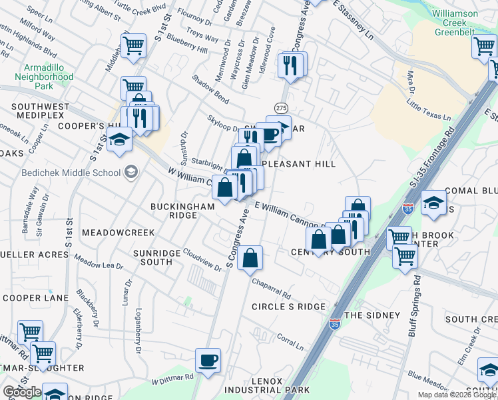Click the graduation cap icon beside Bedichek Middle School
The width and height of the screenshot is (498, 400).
pos(130,173)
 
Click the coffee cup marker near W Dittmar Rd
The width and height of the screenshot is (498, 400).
pos(208,360)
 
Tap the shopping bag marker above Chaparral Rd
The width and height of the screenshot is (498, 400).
pos(250,259)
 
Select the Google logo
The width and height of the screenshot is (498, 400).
pos(22,392)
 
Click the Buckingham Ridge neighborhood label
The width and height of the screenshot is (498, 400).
pos(182,211)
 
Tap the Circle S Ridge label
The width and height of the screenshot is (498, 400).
pos(288,307)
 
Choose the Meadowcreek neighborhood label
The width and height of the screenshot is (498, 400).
pos(118,233)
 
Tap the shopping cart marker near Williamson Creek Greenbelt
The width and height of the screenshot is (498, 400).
pos(483,47)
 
